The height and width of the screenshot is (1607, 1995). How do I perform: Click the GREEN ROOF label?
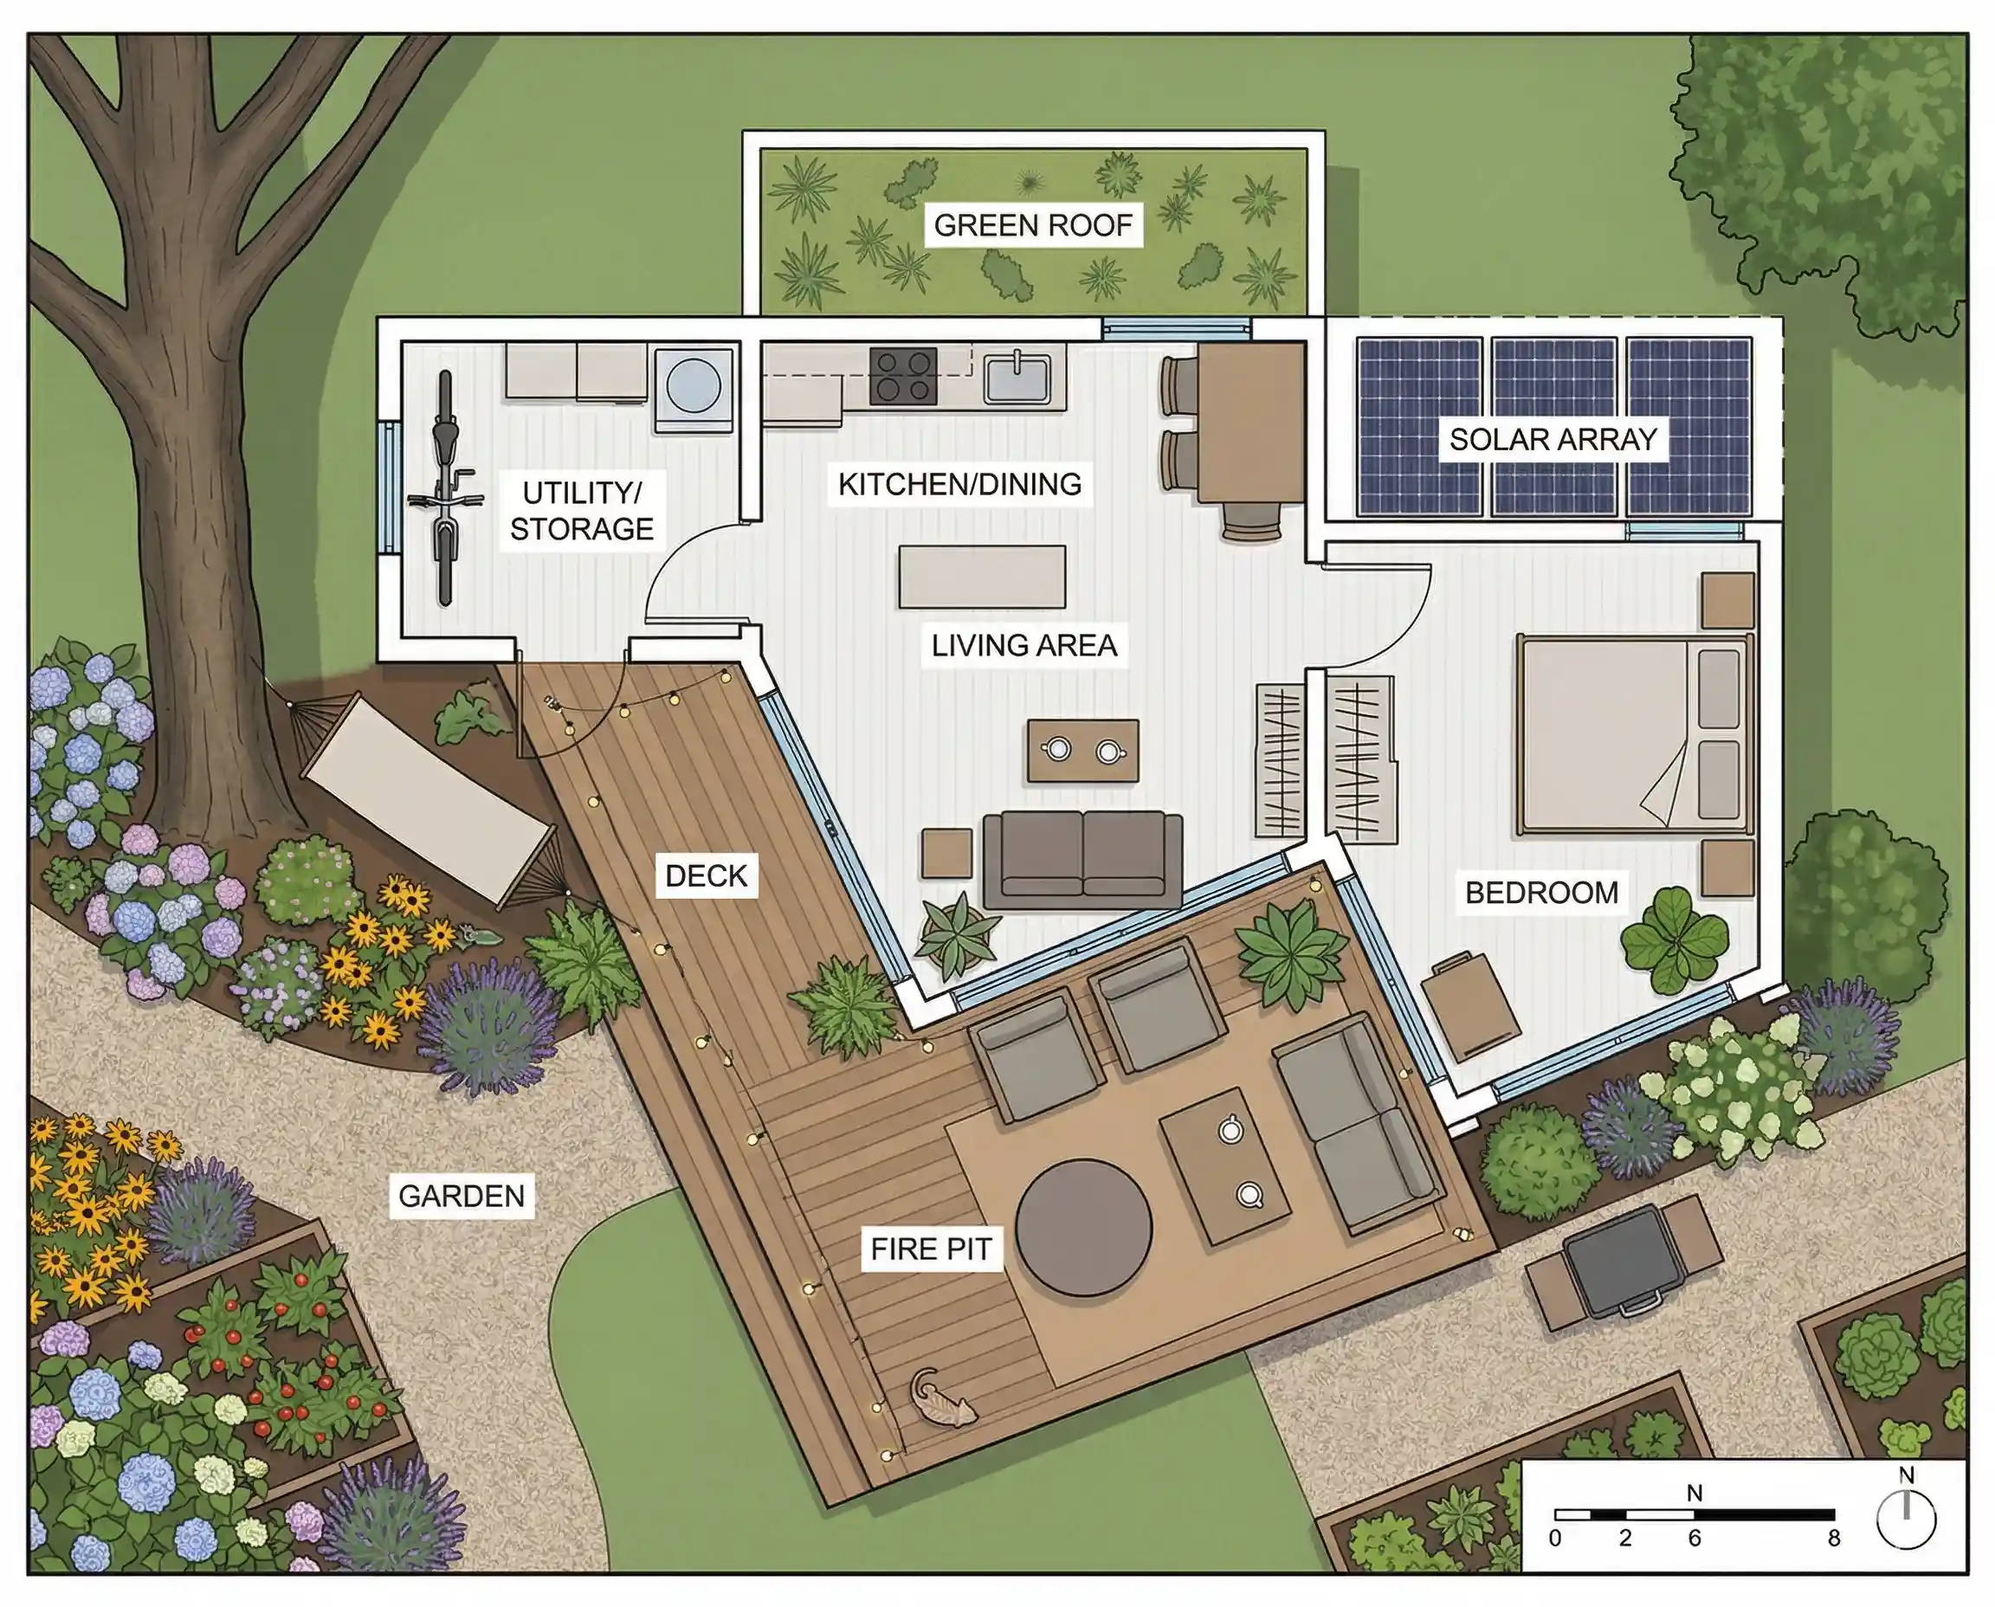(1032, 225)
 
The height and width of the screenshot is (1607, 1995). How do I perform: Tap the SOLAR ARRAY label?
(1553, 439)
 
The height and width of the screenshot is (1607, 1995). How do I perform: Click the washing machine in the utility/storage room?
(694, 387)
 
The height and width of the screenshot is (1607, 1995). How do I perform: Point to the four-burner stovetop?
(902, 377)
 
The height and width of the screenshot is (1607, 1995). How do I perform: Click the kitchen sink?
(1017, 378)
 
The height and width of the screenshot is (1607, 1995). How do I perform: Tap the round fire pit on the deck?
(1083, 1228)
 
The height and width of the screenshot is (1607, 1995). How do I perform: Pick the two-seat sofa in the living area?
(1082, 859)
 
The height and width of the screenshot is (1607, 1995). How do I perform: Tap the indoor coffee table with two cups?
(1082, 750)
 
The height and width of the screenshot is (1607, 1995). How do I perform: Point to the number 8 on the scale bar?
(1834, 1539)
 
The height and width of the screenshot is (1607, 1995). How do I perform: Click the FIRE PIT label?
(930, 1249)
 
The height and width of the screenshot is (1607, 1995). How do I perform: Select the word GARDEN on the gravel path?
(461, 1196)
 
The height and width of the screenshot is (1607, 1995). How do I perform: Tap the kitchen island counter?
(981, 577)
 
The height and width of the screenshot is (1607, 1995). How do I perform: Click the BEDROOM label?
(1541, 893)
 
